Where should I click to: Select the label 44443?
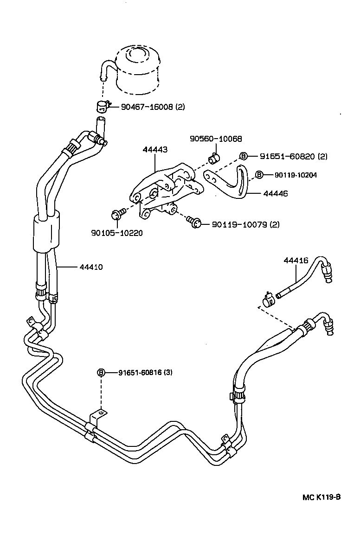point(155,150)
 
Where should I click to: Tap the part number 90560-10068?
point(216,139)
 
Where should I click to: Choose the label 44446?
point(276,194)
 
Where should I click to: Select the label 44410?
point(91,267)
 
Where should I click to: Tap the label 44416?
point(296,261)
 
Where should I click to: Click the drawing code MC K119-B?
point(321,497)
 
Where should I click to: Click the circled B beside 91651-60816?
point(102,372)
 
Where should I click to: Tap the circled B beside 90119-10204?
point(259,175)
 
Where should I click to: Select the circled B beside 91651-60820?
point(244,156)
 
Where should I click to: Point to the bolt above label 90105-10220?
point(117,215)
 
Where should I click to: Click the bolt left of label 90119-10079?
point(195,223)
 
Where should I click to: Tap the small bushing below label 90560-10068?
point(214,159)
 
